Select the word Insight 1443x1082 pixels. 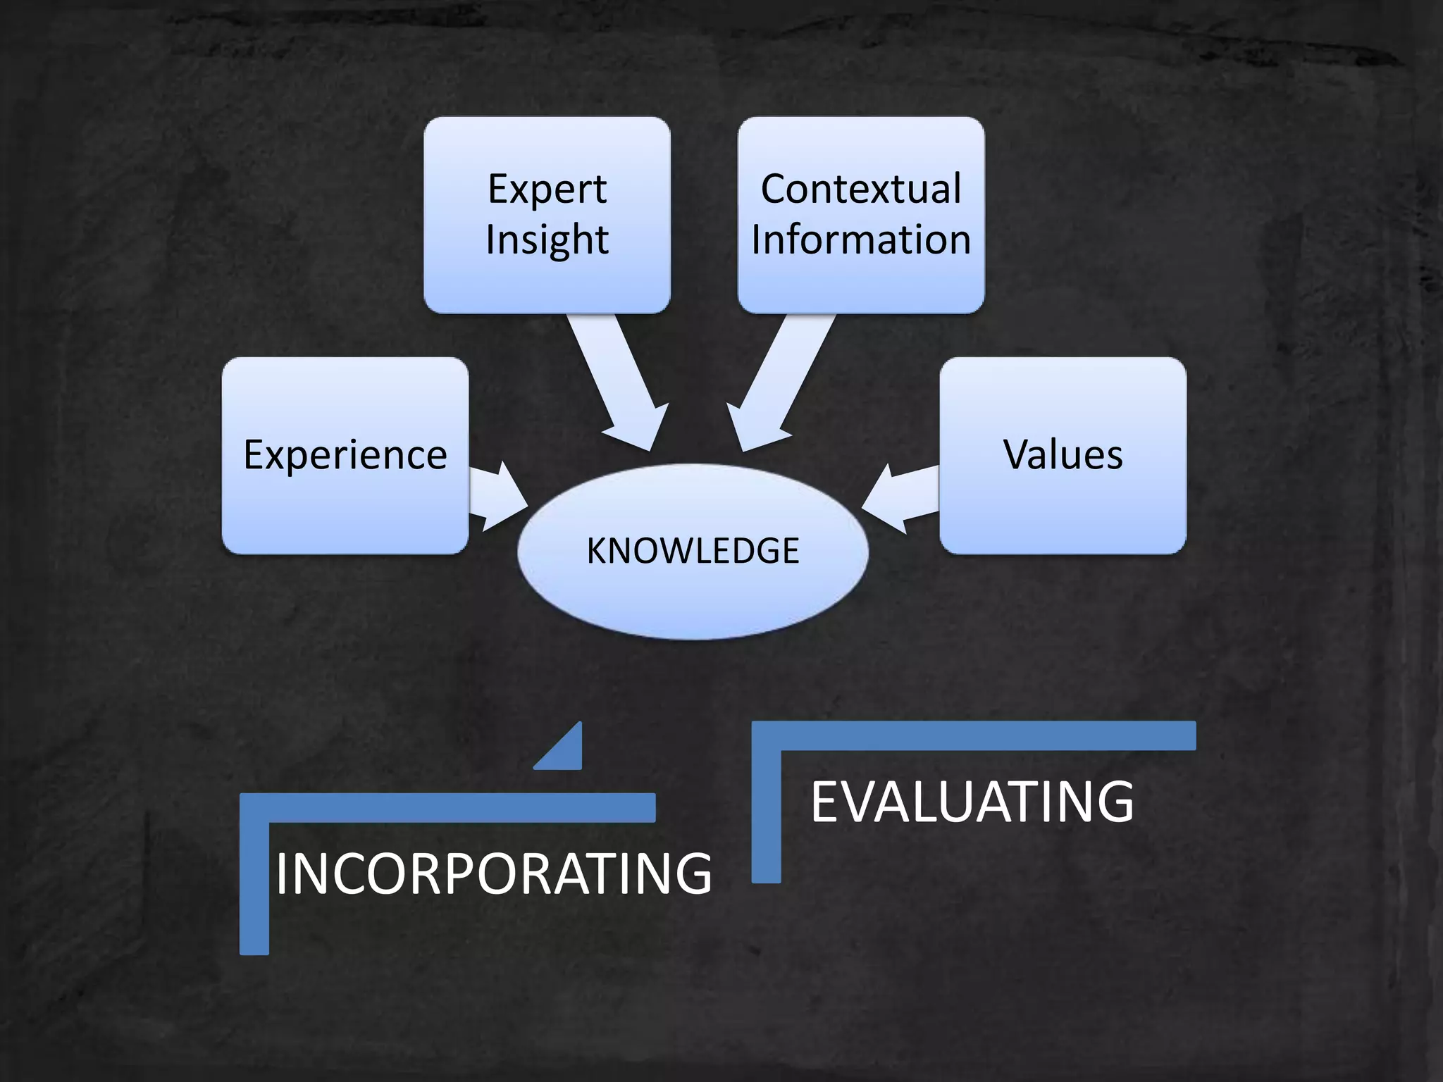(547, 240)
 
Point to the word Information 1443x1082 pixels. (860, 240)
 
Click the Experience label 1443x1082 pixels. (345, 454)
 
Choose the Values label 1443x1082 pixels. (1063, 454)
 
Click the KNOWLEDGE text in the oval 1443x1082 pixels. (693, 551)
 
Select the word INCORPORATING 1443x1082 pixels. (493, 873)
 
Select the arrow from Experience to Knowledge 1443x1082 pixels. (497, 497)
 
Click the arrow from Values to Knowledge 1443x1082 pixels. (902, 497)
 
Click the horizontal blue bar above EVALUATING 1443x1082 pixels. (986, 735)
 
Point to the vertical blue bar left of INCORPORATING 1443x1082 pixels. (254, 888)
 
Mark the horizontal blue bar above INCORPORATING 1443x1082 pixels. (458, 808)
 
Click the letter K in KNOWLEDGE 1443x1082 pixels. (596, 551)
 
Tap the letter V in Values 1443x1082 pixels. (1016, 454)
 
